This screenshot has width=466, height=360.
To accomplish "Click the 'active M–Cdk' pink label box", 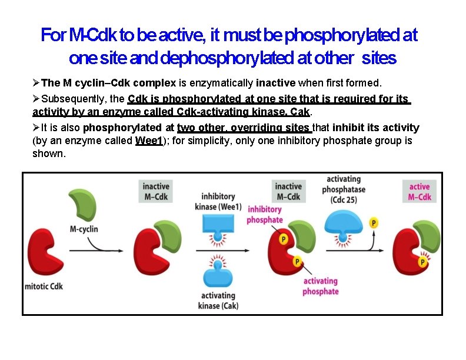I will coord(420,192).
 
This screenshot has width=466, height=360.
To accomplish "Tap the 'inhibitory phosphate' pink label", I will coord(265,215).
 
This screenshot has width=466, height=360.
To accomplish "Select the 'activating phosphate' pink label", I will coord(321,286).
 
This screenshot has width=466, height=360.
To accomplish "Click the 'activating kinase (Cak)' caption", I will coord(218,301).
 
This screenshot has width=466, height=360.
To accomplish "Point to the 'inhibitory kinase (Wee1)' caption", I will coord(218,202).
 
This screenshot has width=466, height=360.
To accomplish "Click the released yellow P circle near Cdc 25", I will coord(373,223).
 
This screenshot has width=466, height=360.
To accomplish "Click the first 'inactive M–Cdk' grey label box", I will coord(156,192).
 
